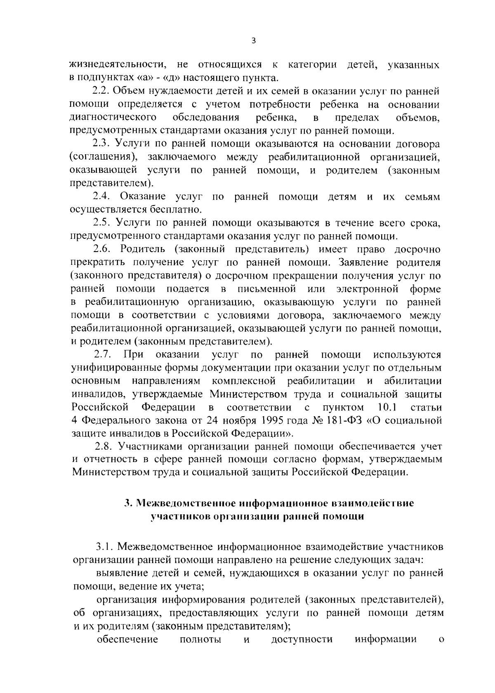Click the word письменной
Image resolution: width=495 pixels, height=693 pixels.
(267, 289)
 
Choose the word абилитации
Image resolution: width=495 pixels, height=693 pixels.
(412, 381)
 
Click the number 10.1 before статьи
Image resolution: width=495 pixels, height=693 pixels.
(387, 408)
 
